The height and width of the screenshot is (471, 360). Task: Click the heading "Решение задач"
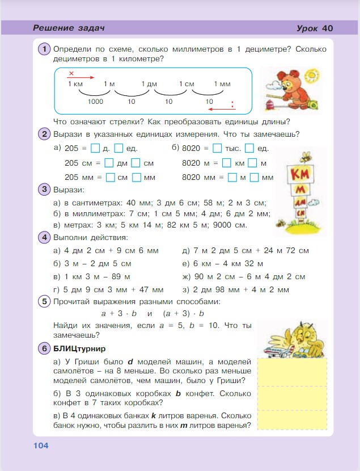(69, 28)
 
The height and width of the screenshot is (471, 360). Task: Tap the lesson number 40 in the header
(328, 28)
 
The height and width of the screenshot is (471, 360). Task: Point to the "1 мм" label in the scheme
(222, 84)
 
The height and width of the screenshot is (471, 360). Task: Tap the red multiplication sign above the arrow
(71, 73)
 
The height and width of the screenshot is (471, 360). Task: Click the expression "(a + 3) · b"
(183, 313)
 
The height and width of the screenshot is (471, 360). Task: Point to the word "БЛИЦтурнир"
(79, 348)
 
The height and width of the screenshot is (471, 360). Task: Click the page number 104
(41, 445)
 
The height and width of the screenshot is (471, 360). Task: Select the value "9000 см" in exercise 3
(231, 225)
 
